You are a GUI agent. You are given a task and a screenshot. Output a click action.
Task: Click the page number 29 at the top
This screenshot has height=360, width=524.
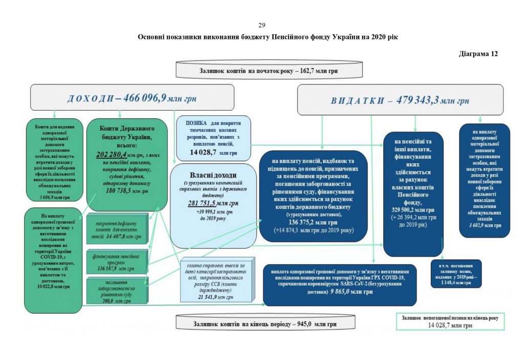[262, 26]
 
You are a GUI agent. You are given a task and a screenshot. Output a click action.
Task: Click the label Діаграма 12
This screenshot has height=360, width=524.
[478, 53]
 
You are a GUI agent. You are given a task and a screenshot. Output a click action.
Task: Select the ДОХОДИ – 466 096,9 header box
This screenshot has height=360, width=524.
[132, 98]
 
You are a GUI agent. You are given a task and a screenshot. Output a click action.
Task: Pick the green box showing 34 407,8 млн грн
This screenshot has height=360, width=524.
[115, 229]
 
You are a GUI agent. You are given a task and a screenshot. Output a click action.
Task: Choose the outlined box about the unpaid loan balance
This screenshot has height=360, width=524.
[451, 321]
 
